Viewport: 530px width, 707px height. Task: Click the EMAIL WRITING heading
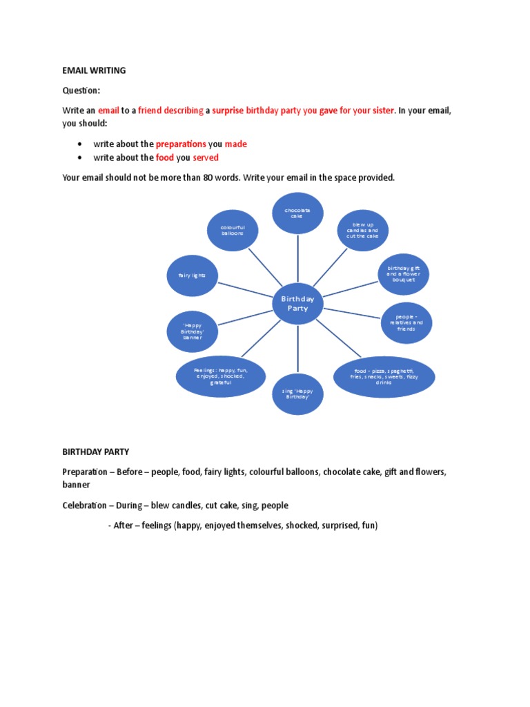(94, 70)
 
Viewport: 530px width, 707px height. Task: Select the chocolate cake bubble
(297, 213)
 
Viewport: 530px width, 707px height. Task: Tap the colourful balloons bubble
(233, 231)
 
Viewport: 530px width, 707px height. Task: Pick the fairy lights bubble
(192, 275)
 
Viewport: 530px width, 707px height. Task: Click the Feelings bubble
(221, 377)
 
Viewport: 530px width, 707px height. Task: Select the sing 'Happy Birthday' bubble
(297, 394)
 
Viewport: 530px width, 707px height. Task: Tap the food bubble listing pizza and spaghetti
(384, 377)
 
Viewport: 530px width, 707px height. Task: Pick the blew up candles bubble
(362, 230)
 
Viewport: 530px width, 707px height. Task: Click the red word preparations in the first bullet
(181, 144)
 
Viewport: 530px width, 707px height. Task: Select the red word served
(206, 158)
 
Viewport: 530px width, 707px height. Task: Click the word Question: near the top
(82, 90)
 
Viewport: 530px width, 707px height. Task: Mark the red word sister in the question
(383, 110)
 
